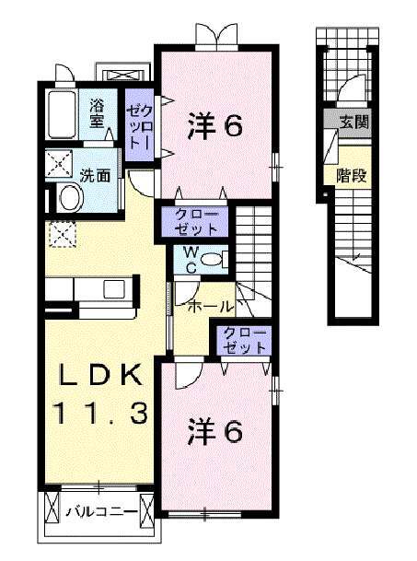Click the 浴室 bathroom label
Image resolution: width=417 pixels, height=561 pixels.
pos(97,112)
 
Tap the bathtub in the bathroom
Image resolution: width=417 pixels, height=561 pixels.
pos(62,114)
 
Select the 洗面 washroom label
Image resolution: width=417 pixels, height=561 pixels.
pos(98,173)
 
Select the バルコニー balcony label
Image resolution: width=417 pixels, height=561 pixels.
pos(101,512)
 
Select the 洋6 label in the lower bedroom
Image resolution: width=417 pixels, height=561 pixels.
pos(217,430)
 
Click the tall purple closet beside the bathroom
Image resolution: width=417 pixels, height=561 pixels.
pos(142,129)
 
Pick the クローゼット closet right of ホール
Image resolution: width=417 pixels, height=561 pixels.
pos(244,340)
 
